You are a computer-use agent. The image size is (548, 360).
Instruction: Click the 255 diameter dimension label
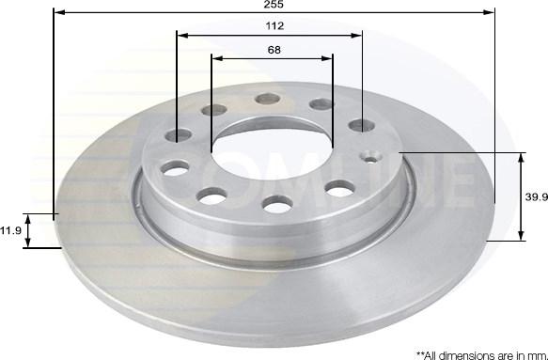274,5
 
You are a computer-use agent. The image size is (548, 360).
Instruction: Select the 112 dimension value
274,26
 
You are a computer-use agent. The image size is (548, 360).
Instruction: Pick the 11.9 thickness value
10,229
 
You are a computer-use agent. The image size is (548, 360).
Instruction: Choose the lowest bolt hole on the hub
276,204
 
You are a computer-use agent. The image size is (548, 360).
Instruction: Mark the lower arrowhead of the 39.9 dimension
522,236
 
